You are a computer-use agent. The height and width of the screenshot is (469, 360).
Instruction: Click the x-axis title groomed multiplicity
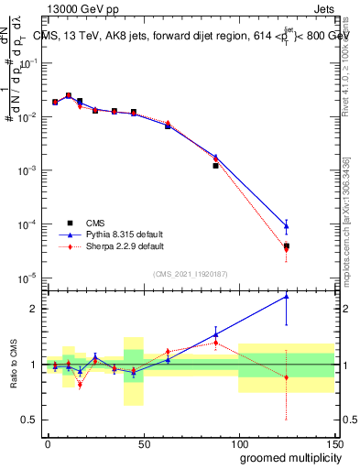[x=287, y=457]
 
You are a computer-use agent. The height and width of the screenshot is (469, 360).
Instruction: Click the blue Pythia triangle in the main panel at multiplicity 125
[x=287, y=226]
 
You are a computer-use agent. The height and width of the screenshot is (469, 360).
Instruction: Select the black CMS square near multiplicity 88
[x=215, y=166]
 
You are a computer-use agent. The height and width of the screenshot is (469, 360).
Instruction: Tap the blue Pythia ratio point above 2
[x=287, y=296]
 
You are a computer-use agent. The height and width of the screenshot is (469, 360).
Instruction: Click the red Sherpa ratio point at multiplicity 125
[x=287, y=377]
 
